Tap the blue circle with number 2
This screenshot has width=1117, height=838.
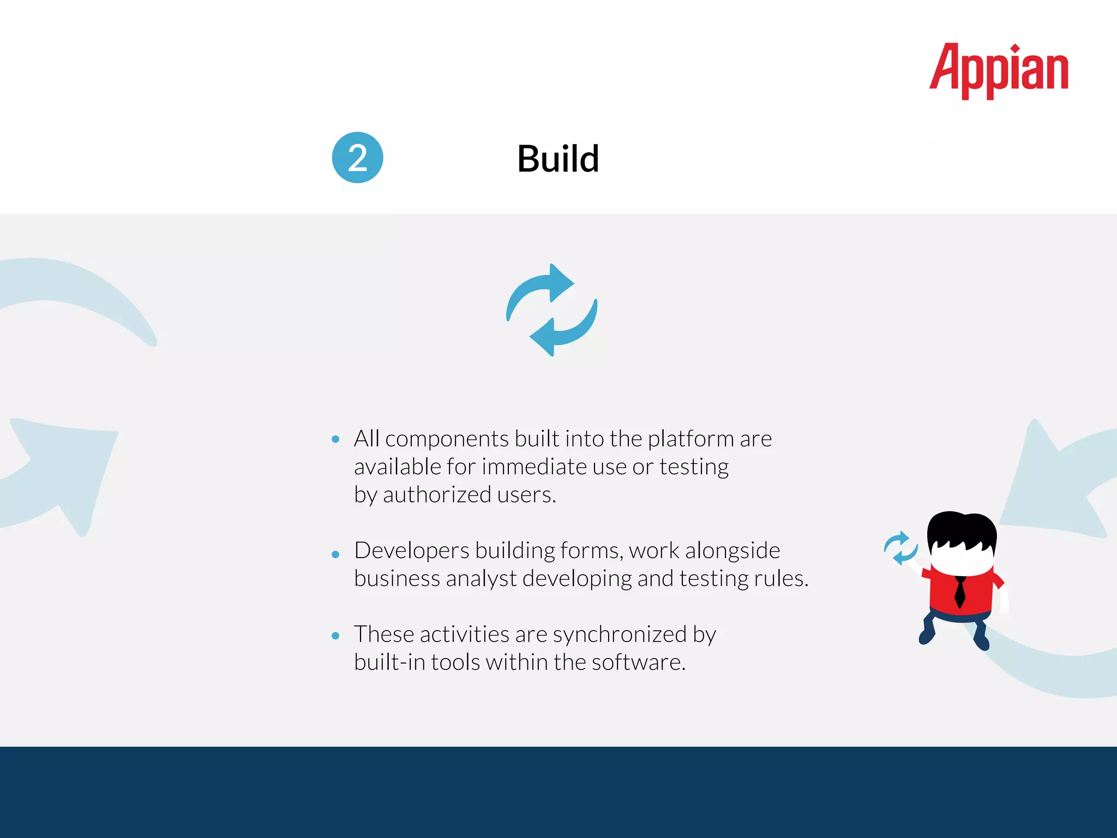point(357,158)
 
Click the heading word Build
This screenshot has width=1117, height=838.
point(558,159)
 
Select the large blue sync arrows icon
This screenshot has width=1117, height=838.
point(551,310)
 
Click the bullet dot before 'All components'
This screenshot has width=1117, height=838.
point(335,439)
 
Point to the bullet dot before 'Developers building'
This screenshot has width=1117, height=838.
point(335,554)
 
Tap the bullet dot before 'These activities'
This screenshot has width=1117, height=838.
point(335,636)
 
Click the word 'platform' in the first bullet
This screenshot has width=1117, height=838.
point(690,439)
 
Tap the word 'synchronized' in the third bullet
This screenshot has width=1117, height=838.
point(620,635)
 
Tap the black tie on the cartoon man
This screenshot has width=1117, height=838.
point(960,592)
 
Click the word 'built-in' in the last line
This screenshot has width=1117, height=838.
point(389,662)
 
